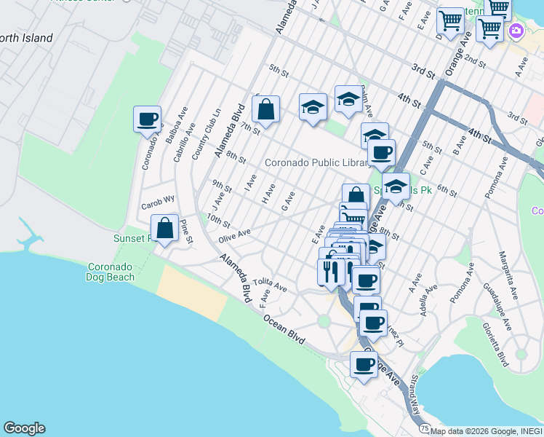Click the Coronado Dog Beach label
click(111, 271)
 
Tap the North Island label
click(26, 38)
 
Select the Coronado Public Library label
click(318, 162)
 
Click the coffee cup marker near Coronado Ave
click(147, 119)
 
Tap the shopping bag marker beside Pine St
click(166, 228)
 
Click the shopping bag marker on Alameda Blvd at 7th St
click(266, 109)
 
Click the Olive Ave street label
click(234, 235)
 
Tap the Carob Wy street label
click(158, 198)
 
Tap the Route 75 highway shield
click(424, 428)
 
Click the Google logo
click(24, 428)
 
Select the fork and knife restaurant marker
click(331, 271)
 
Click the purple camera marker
click(516, 31)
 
